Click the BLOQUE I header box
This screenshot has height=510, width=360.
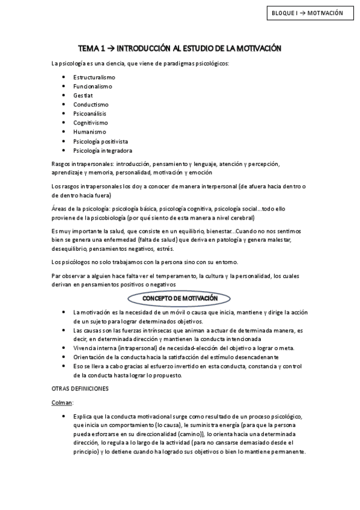[x=307, y=13]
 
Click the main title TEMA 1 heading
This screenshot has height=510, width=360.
[x=180, y=48]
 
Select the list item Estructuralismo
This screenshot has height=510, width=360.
[x=94, y=77]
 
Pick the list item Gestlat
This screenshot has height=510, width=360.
[x=84, y=95]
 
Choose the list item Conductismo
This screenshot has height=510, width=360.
[x=90, y=104]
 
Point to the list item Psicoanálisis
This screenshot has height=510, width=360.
[x=91, y=113]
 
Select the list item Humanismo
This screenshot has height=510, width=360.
[x=90, y=131]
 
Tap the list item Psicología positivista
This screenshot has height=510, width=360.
[x=100, y=141]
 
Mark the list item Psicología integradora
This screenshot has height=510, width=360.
[x=102, y=150]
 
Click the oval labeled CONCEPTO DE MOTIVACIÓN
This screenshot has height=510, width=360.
[x=180, y=298]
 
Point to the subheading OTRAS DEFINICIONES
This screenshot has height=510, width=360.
[x=80, y=389]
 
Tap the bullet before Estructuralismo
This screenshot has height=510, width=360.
[x=64, y=77]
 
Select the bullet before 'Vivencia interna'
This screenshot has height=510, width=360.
[x=64, y=348]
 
